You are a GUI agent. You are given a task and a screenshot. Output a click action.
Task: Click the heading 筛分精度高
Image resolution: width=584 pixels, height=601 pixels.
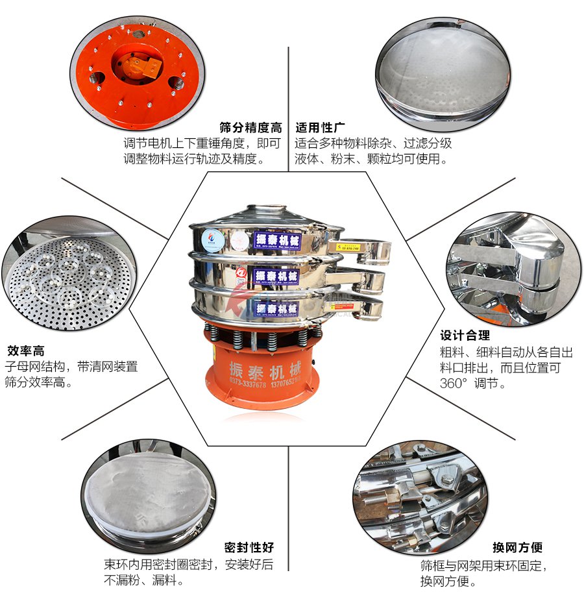(x=250, y=127)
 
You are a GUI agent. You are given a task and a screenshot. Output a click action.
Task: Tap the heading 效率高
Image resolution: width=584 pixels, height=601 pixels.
(x=25, y=351)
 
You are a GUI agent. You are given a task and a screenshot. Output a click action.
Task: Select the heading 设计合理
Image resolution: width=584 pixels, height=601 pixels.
(x=465, y=336)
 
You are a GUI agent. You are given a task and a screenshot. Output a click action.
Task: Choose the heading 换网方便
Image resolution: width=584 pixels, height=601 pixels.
(x=517, y=547)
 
